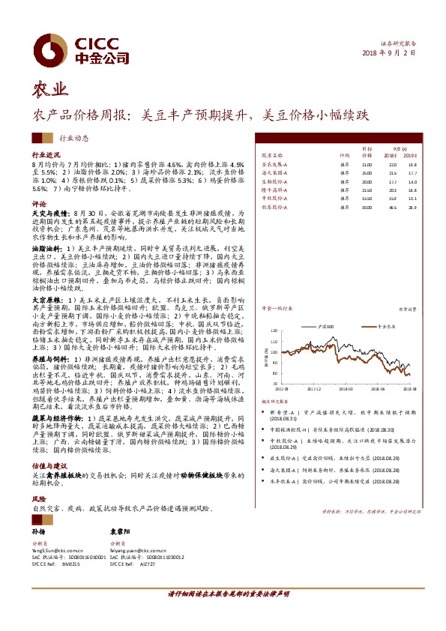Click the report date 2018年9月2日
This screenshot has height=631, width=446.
point(389,52)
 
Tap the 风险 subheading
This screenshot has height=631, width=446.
point(37,498)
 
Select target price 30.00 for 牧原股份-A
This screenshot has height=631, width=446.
point(367,207)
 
